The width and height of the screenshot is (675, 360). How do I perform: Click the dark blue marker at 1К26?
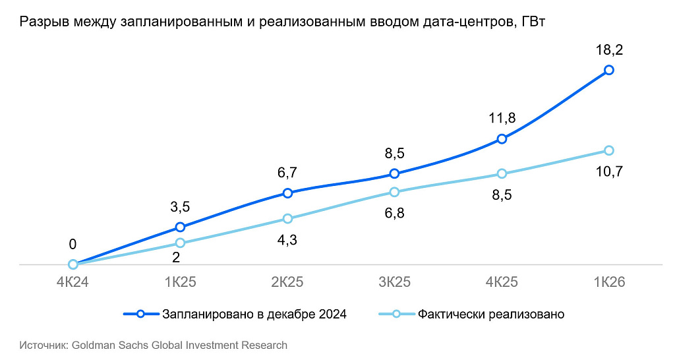click(608, 70)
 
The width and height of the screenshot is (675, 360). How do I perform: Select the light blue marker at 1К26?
click(608, 150)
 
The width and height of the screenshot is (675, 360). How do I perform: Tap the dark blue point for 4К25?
click(502, 138)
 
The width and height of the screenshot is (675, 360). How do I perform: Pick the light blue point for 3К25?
click(394, 192)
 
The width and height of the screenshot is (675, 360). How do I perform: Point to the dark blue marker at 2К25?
click(287, 193)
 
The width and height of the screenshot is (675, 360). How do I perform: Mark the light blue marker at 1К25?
click(180, 243)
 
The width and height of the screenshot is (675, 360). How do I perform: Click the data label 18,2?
click(609, 50)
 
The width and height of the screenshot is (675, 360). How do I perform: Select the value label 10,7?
click(609, 171)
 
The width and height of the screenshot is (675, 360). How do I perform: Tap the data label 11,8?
click(502, 117)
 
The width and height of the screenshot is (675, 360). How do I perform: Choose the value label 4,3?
click(287, 240)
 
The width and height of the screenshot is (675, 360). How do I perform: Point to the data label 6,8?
click(394, 213)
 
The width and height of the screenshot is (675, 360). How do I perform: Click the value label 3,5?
click(180, 206)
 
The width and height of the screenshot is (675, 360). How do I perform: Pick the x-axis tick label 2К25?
click(287, 282)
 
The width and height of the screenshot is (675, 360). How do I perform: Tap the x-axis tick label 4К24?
click(73, 282)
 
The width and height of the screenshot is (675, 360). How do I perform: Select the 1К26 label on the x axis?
click(609, 282)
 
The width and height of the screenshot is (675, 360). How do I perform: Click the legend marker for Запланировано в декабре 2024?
click(140, 314)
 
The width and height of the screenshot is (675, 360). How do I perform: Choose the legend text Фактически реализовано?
click(490, 315)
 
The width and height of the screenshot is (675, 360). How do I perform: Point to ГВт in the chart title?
click(533, 22)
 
